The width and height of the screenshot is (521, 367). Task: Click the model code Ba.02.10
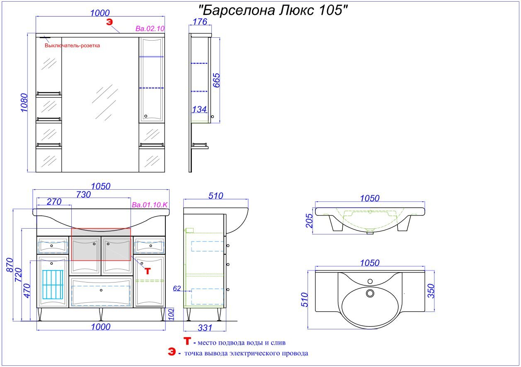[150, 29]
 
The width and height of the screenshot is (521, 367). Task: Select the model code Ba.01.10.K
[150, 205]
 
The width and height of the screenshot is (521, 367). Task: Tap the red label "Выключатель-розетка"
[72, 46]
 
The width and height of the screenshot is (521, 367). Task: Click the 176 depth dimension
[200, 22]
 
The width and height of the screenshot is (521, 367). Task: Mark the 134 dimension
[199, 109]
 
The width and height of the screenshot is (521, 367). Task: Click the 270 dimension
[54, 202]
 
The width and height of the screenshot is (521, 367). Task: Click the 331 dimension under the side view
[204, 328]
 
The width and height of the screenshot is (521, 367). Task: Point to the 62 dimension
[177, 288]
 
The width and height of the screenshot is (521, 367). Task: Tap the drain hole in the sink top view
[370, 293]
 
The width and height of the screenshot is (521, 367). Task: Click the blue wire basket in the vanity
[53, 285]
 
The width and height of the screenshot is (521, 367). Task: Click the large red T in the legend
[188, 342]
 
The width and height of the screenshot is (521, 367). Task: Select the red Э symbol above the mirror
[109, 22]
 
